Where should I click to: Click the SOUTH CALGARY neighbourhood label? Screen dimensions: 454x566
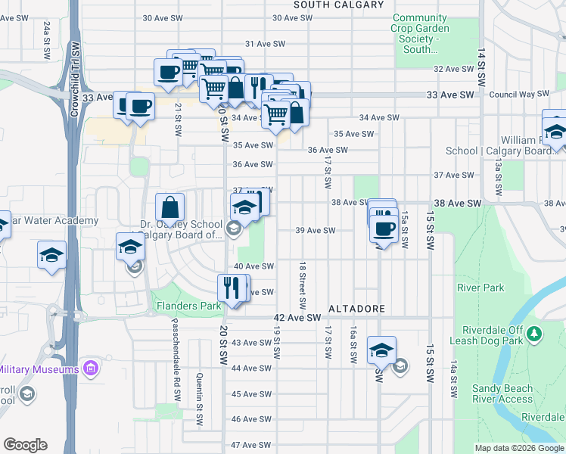(328, 5)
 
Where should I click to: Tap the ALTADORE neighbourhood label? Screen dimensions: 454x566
(357, 309)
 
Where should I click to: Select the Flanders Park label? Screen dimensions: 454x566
(188, 306)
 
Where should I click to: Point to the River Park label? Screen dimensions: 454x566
(480, 288)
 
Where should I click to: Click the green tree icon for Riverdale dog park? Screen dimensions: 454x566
(534, 333)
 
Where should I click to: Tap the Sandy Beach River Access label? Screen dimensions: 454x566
(502, 393)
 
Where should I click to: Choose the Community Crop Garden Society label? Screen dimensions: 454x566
(421, 33)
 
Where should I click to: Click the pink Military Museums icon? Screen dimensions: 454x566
(91, 369)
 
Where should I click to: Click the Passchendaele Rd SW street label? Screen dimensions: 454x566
(176, 368)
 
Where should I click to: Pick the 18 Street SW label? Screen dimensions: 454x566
(302, 286)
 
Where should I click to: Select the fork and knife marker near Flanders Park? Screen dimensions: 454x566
(232, 287)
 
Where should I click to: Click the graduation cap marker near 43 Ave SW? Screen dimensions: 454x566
(381, 350)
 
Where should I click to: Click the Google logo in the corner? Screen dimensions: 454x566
(25, 445)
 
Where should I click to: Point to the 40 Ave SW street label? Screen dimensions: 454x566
(253, 266)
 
